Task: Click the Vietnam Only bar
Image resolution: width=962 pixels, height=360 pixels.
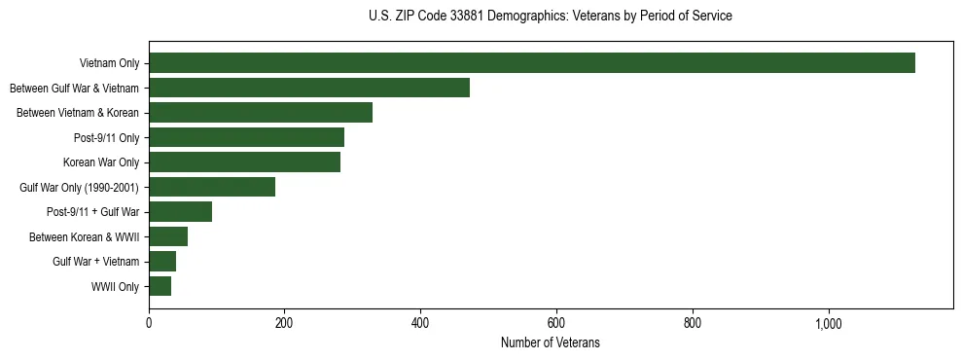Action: (531, 63)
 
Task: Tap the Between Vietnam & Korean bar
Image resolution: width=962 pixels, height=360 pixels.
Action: (261, 113)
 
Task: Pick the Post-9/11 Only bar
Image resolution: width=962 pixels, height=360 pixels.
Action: (246, 137)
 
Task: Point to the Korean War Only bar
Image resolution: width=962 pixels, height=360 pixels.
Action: (244, 162)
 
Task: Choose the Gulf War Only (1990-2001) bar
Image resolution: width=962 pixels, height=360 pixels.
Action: (212, 187)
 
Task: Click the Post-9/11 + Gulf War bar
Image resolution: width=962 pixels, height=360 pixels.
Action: (180, 212)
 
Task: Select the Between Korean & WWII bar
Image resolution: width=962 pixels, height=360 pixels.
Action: (168, 236)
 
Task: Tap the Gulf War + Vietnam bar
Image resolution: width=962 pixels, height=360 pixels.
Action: (162, 262)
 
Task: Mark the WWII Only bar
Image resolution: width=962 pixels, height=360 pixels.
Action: (160, 286)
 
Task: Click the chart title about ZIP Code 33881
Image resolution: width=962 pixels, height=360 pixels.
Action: (551, 17)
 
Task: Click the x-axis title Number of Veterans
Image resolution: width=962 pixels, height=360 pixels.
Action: (551, 343)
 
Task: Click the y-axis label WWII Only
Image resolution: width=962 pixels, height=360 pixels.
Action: (115, 287)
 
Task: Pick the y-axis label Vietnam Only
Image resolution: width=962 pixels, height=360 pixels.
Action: (109, 64)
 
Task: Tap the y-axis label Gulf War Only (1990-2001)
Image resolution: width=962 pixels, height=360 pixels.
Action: (79, 188)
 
